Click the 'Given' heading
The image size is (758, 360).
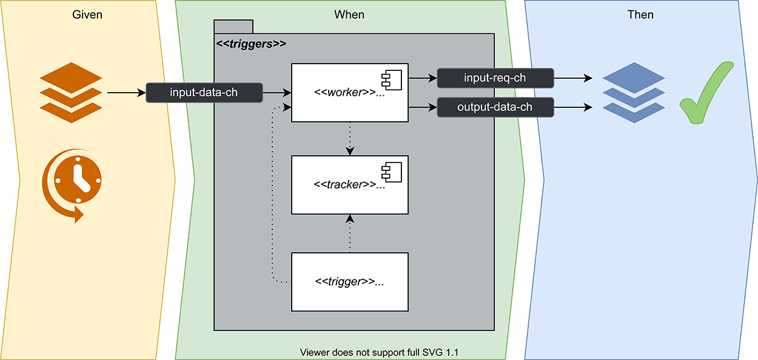click(87, 14)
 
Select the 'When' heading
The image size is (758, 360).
click(349, 14)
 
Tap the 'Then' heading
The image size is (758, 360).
click(640, 14)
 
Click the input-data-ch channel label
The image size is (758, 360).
click(204, 93)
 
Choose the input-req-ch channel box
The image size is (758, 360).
click(495, 78)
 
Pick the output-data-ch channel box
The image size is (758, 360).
click(495, 107)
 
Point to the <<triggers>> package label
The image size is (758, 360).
click(251, 44)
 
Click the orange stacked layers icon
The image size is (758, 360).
click(70, 92)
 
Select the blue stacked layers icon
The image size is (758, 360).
click(634, 92)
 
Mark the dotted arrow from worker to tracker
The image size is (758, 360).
click(349, 139)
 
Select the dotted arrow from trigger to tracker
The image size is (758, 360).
click(349, 233)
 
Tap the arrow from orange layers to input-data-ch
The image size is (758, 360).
click(126, 93)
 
